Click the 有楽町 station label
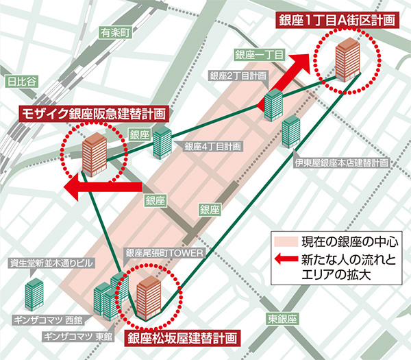coord(114,32)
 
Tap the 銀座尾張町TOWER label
coord(165,254)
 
